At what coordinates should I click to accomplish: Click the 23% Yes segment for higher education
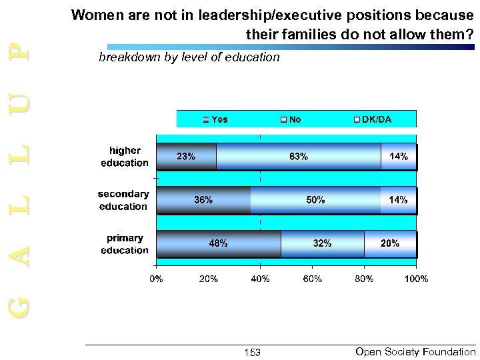(186, 157)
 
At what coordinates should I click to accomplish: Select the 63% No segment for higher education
(299, 157)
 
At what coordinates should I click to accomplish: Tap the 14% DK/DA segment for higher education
(399, 157)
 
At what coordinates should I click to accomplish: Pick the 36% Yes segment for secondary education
(203, 200)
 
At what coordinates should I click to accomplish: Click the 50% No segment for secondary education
(315, 200)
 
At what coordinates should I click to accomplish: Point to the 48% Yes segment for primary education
(218, 244)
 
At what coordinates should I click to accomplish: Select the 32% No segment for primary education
(323, 244)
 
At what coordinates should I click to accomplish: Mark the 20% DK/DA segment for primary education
(390, 244)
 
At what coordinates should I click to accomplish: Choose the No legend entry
(291, 119)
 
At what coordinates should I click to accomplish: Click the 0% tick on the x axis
(155, 278)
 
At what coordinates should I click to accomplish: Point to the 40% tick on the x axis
(260, 278)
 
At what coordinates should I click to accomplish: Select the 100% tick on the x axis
(417, 278)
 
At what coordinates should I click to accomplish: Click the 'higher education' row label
(125, 157)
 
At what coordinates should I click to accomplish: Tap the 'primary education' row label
(125, 245)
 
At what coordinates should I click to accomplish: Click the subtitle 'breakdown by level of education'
(189, 58)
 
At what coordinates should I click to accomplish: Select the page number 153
(252, 352)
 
